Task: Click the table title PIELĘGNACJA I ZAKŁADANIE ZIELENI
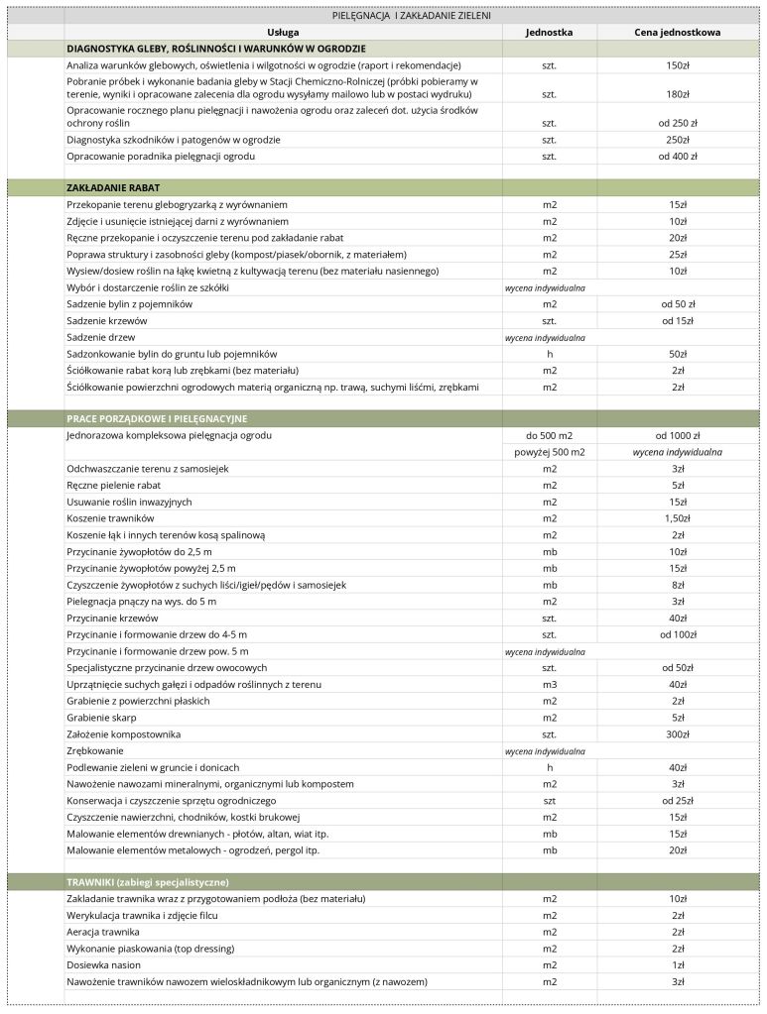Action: click(x=411, y=16)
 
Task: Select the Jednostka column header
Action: click(x=549, y=32)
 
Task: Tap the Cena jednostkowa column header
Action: click(x=677, y=32)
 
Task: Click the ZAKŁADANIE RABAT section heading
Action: click(x=114, y=187)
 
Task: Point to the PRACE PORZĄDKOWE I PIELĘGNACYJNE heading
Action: click(x=157, y=419)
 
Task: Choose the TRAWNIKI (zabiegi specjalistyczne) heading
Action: click(x=148, y=882)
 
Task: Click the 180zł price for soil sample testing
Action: click(x=678, y=94)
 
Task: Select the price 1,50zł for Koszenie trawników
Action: click(x=678, y=518)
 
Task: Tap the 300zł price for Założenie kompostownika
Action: click(x=678, y=734)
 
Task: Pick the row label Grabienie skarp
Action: click(x=101, y=718)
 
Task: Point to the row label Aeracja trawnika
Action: click(x=103, y=932)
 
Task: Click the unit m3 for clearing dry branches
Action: click(x=550, y=685)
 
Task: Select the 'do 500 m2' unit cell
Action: click(x=550, y=435)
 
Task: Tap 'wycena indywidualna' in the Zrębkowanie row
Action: click(x=545, y=751)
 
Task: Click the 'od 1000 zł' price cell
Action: click(x=678, y=435)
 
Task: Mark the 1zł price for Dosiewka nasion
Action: click(x=678, y=965)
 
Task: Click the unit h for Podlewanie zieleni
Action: click(x=550, y=767)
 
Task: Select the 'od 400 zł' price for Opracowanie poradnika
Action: click(x=678, y=157)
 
